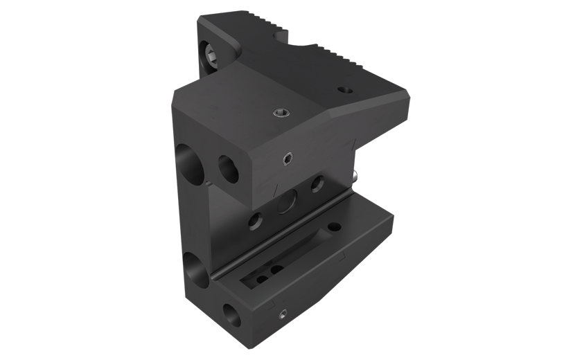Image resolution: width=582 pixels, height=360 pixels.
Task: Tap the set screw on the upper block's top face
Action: (279, 113)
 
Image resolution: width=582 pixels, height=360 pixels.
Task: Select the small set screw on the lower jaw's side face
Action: (282, 316)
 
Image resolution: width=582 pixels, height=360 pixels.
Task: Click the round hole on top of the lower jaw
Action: (335, 227)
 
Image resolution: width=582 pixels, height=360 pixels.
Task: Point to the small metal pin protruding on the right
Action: (355, 177)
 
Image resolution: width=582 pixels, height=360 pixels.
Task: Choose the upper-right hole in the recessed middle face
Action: (317, 183)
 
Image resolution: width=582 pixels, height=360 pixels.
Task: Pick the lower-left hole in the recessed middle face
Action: (256, 222)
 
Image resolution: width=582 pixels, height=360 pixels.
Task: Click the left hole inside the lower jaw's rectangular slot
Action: (263, 279)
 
